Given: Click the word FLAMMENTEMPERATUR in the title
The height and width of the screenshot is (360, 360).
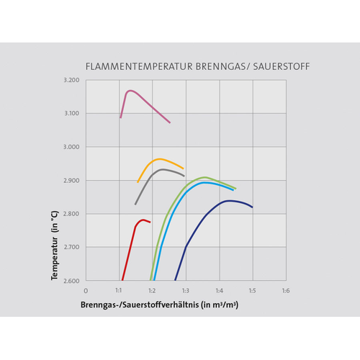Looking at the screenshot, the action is point(139,66).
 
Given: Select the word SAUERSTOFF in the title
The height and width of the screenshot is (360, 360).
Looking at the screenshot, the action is point(282,66).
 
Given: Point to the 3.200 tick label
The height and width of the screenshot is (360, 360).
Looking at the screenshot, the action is point(71,80).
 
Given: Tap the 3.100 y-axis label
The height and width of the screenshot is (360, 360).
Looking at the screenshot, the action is point(71,113).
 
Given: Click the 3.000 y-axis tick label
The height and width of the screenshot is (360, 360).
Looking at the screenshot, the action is point(71,147).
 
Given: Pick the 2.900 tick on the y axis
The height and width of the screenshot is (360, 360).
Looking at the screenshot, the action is point(71,181).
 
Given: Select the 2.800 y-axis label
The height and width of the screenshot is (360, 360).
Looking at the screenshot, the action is point(71,214).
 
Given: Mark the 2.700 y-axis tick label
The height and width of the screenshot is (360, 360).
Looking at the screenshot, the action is point(71,247).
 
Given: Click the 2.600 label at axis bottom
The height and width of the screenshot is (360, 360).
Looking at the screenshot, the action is point(71,281).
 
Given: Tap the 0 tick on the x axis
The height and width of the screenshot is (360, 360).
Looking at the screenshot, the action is point(86,291).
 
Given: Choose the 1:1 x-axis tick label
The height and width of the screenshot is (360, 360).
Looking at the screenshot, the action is point(119,291).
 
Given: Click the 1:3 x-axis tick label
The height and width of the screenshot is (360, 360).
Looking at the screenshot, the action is point(186,291).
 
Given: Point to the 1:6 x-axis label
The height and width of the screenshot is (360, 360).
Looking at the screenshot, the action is point(286,291).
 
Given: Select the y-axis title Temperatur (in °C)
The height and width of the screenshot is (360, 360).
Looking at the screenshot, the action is point(55,246).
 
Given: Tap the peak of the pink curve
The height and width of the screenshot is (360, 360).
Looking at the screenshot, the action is point(130,91).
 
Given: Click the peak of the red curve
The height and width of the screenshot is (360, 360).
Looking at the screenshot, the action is point(143,220).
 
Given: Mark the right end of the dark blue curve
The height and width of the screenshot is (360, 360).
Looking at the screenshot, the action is point(252,207).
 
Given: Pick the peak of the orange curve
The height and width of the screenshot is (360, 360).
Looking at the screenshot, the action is point(160,159).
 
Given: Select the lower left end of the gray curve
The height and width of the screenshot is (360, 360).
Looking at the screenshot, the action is point(135,204).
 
